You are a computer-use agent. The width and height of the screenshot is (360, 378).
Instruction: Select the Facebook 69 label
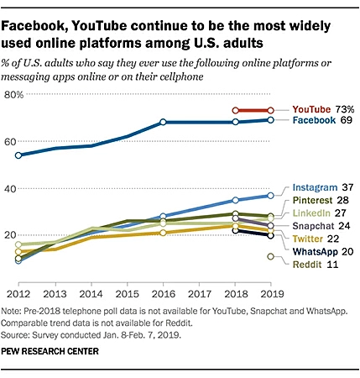(x=322, y=122)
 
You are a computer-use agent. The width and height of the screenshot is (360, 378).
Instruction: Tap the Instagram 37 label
(x=323, y=186)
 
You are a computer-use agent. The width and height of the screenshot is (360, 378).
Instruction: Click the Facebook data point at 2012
(x=19, y=155)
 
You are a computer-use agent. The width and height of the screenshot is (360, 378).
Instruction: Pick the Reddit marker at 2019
(x=270, y=257)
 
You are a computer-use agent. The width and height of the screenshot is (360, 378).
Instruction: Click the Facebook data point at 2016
(x=164, y=123)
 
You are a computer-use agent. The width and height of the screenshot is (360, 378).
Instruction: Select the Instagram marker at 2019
(x=270, y=195)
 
